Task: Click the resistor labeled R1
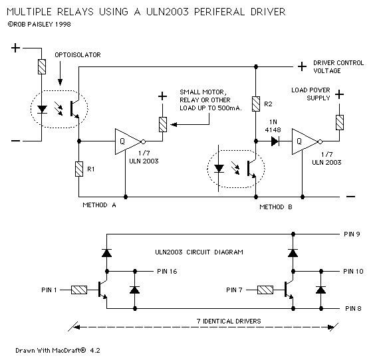pyautogui.click(x=80, y=169)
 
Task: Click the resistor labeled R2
pyautogui.click(x=256, y=104)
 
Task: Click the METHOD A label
pyautogui.click(x=100, y=206)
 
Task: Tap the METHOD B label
pyautogui.click(x=277, y=207)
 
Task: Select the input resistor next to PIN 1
pyautogui.click(x=79, y=290)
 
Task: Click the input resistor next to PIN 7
pyautogui.click(x=265, y=290)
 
